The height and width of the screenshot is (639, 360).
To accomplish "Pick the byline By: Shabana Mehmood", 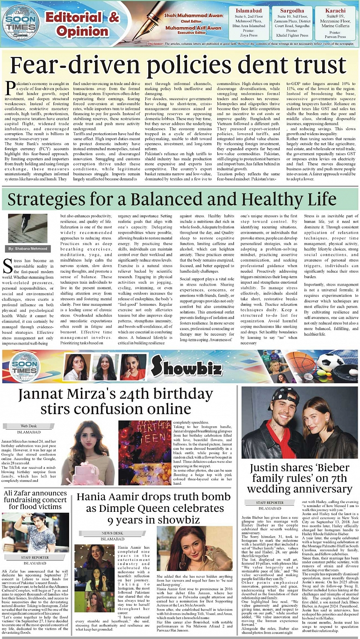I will [x=27, y=248].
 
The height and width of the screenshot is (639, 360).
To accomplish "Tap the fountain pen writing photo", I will [x=28, y=229].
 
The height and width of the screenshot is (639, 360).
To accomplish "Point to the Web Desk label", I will [x=29, y=426].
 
